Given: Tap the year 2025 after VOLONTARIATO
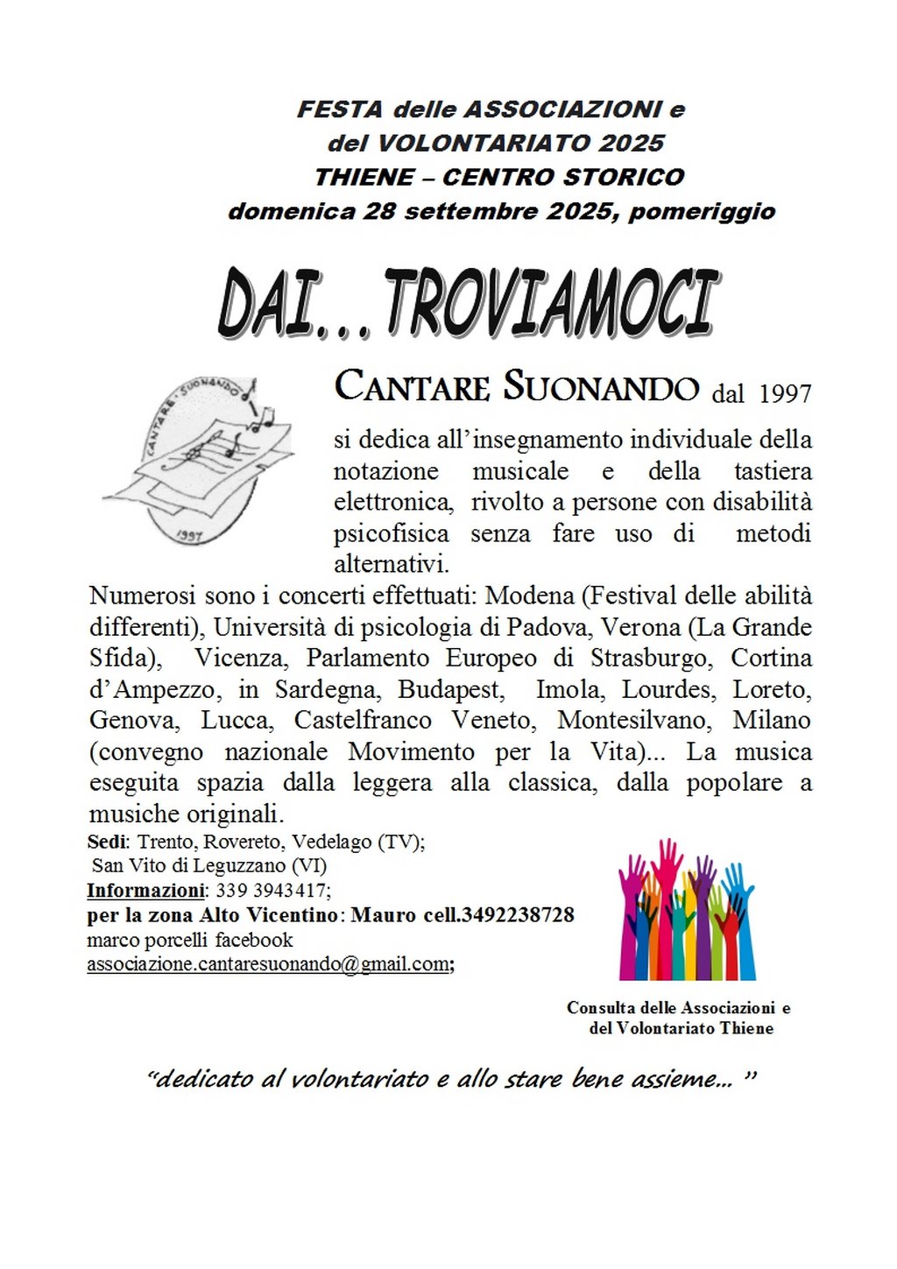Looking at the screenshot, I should [632, 143].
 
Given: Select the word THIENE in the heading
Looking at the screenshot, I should [364, 177].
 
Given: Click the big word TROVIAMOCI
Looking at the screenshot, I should [551, 303].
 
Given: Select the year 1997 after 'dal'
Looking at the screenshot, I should [785, 393].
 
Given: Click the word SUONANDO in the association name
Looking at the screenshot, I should [601, 387].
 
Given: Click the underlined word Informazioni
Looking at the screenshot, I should [145, 891].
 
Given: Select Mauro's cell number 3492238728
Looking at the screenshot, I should [518, 915].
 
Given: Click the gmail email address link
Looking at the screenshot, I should [268, 964].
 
